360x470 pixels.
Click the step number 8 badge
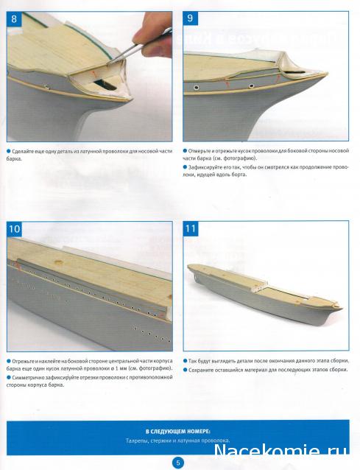[x=14, y=19]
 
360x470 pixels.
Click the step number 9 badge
[x=190, y=18]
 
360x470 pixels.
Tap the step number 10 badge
[x=15, y=229]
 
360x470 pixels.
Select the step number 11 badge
[x=191, y=228]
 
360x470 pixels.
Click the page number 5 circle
[x=178, y=463]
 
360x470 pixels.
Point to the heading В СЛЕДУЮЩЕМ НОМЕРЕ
[x=178, y=432]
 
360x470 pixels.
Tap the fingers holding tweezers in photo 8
[x=152, y=35]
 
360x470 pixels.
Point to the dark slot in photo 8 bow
[x=104, y=85]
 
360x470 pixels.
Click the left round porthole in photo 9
[x=197, y=88]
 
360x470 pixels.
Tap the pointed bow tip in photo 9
[x=327, y=74]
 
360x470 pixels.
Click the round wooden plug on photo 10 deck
[x=59, y=262]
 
